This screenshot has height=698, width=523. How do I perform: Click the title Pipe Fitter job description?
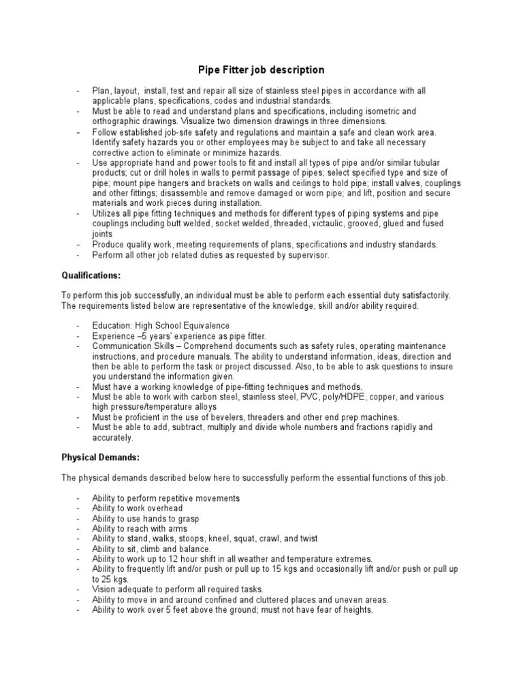pyautogui.click(x=261, y=70)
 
